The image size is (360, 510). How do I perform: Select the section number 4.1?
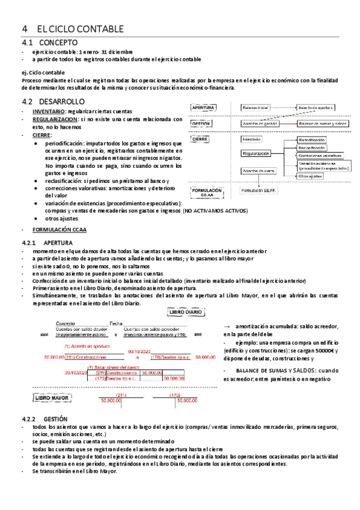pyautogui.click(x=28, y=43)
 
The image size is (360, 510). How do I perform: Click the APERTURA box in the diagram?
pyautogui.click(x=203, y=107)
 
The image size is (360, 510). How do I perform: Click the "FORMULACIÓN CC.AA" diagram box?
pyautogui.click(x=206, y=192)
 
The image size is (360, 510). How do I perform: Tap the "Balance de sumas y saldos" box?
pyautogui.click(x=323, y=123)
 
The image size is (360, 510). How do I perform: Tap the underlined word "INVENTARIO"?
pyautogui.click(x=49, y=112)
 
